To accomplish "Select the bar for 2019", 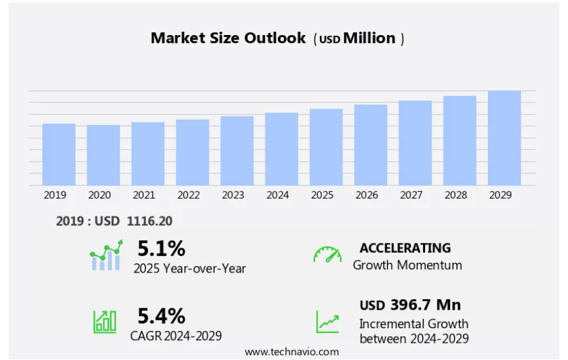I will tap(59, 154).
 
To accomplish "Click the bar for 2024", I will tap(281, 149).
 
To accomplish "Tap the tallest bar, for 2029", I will tap(504, 138).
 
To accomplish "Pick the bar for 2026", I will tap(371, 145).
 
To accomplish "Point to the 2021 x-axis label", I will tap(144, 195).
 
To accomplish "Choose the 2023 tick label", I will tap(233, 195).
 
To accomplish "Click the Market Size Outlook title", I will tap(229, 38).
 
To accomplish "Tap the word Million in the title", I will tap(369, 38).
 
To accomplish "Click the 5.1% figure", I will tap(161, 249).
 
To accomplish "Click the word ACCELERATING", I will tap(405, 248).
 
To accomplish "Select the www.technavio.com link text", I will tap(291, 351).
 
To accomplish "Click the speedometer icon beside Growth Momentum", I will tap(327, 255).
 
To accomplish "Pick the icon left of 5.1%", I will tap(106, 255).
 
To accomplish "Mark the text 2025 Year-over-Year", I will tap(189, 268).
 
